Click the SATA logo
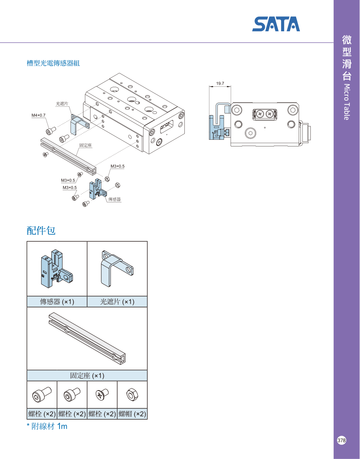(x=276, y=25)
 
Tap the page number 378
(x=342, y=440)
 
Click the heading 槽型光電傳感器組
(x=53, y=63)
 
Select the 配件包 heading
(x=41, y=231)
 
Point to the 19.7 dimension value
(x=220, y=83)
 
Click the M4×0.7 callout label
(x=38, y=115)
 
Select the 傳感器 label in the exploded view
(x=114, y=199)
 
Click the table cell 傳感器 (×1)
(x=57, y=302)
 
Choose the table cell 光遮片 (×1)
(x=117, y=302)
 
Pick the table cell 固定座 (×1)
(x=87, y=376)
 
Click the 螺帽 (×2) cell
(x=132, y=414)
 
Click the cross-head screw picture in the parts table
(x=102, y=394)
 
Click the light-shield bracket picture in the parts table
(x=117, y=268)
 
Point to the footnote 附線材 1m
(x=47, y=426)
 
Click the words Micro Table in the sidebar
(x=346, y=102)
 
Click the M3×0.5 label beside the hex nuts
(x=117, y=166)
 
